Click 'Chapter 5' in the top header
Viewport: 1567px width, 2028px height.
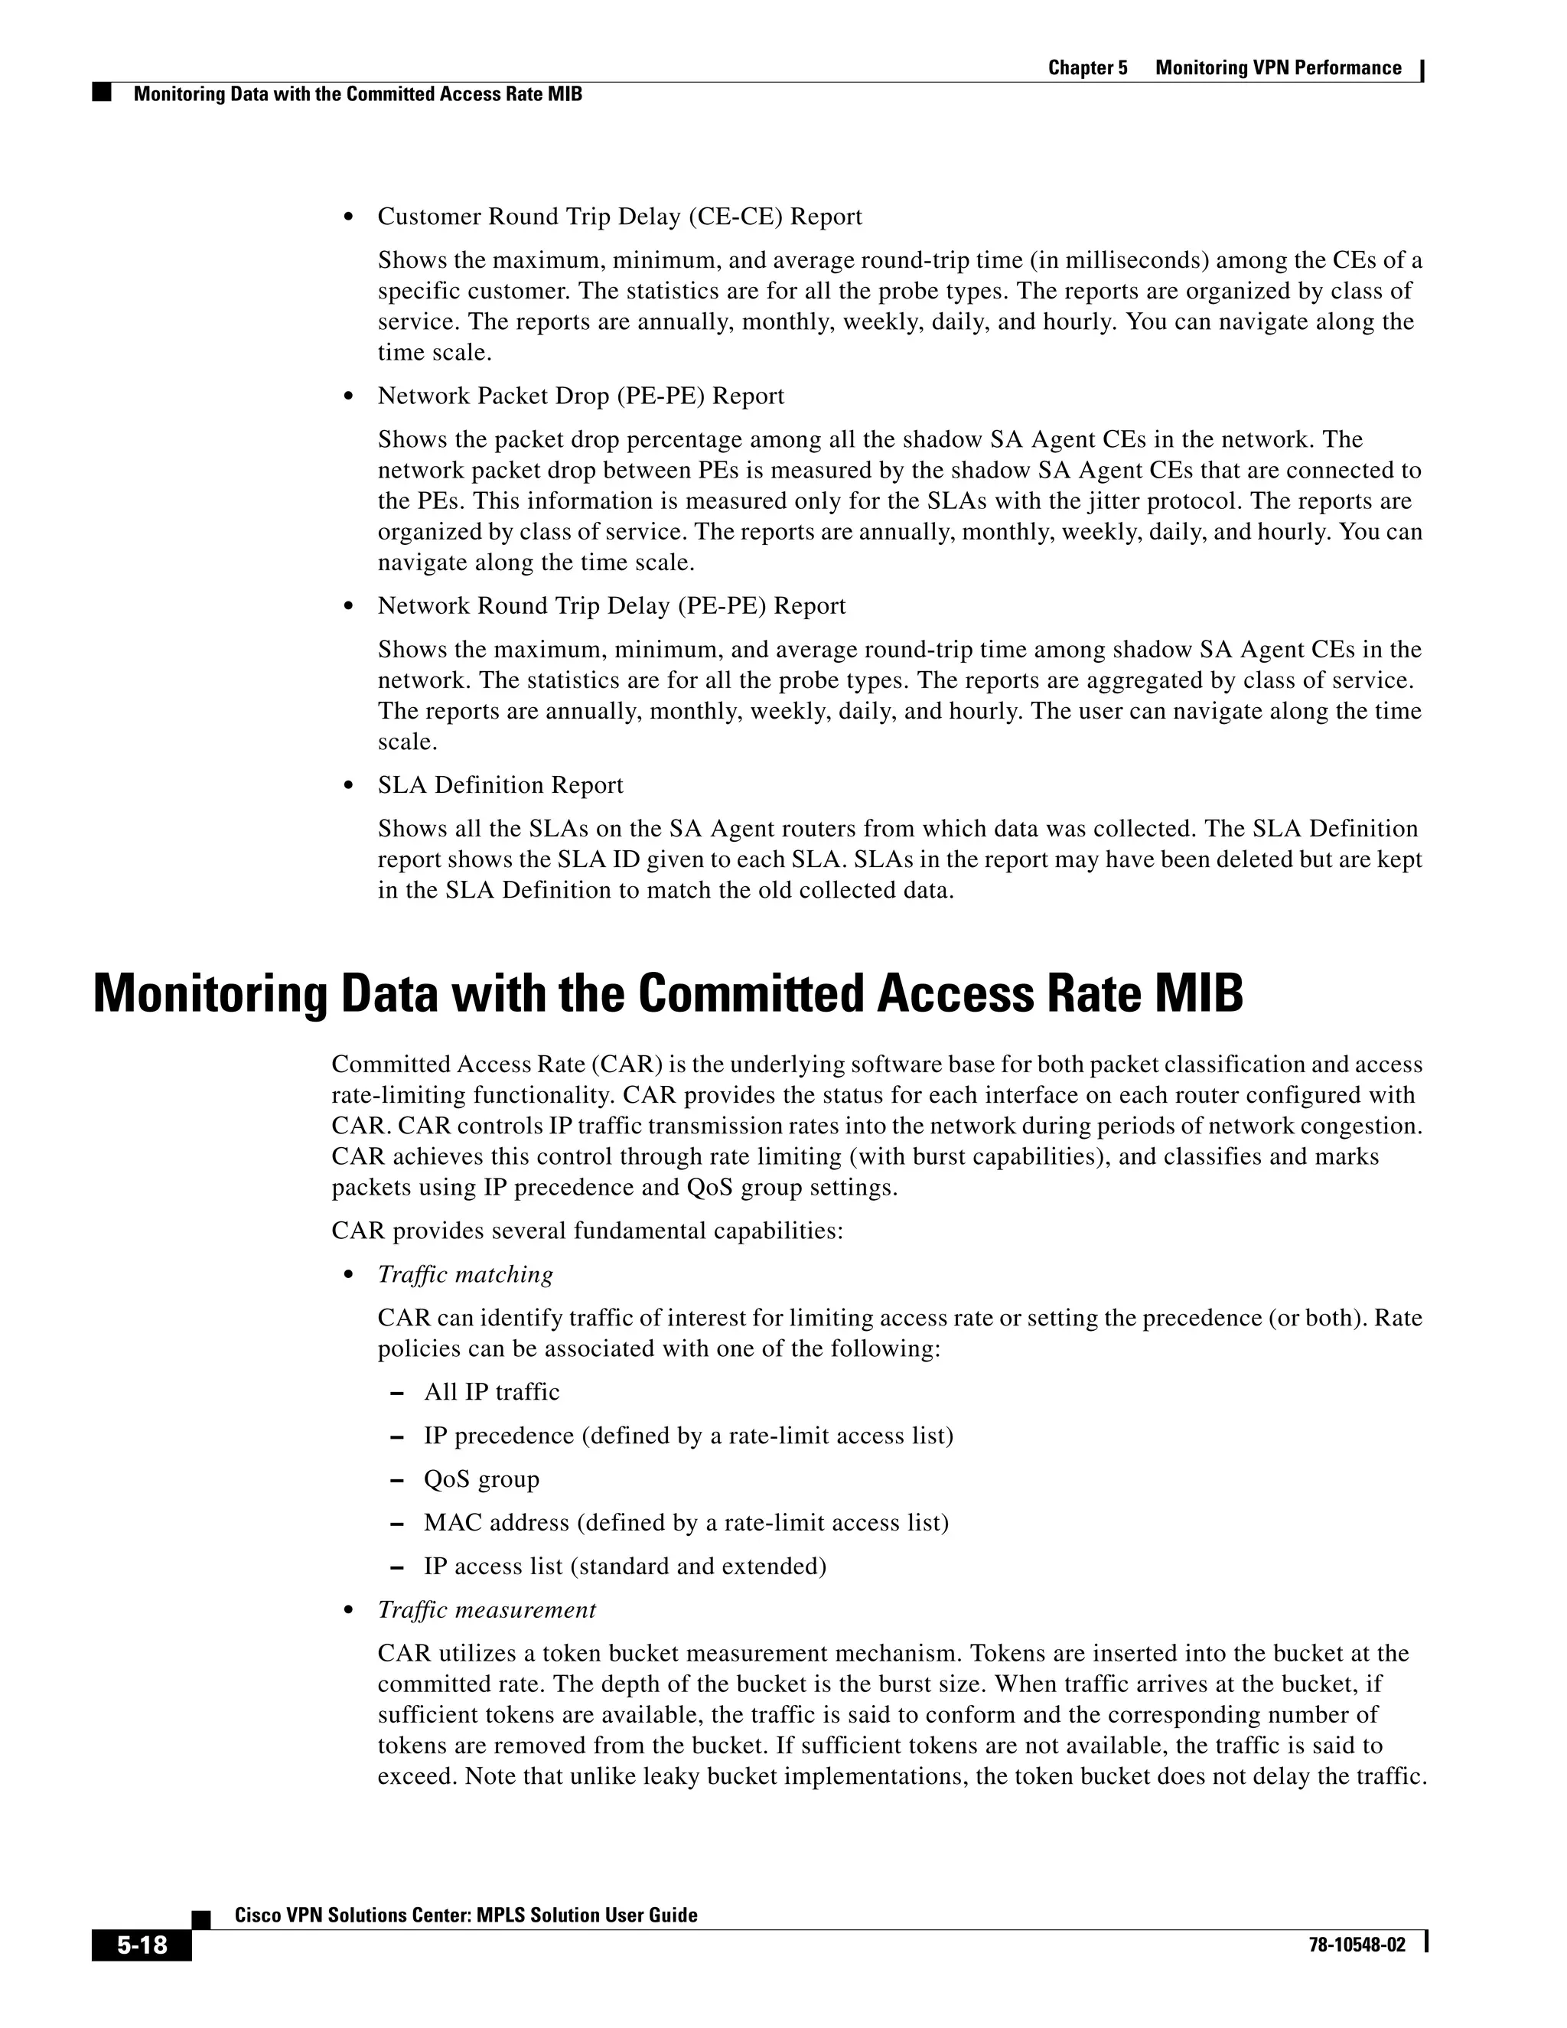tap(1087, 68)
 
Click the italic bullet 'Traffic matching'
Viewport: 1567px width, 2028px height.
tap(465, 1274)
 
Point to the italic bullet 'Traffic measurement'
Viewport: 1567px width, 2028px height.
tap(487, 1609)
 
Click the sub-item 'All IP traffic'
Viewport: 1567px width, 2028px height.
tap(491, 1392)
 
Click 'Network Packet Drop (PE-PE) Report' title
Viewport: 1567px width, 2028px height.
tap(580, 396)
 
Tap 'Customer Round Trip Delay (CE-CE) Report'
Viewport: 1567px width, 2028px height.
tap(619, 217)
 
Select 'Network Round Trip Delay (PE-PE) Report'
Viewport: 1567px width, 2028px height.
tap(611, 605)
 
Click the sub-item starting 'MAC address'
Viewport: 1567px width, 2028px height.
tap(686, 1522)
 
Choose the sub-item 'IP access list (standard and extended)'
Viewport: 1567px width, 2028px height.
tap(625, 1566)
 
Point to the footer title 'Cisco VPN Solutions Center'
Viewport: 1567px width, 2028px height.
tap(465, 1915)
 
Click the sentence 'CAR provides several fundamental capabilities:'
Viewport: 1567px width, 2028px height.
tap(587, 1231)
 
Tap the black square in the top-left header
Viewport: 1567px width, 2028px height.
tap(101, 93)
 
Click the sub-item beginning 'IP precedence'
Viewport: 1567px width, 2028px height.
tap(688, 1436)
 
